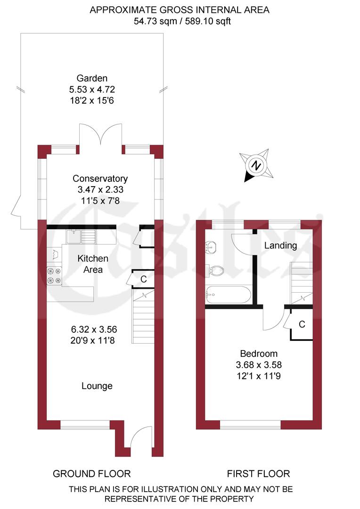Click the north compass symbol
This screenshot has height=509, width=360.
(256, 165)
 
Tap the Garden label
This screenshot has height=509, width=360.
(92, 78)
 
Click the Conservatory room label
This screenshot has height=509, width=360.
(100, 179)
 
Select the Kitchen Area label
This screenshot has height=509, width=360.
(93, 264)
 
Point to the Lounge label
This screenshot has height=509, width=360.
(97, 386)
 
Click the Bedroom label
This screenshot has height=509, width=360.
(259, 353)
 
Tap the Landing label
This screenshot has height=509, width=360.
(280, 245)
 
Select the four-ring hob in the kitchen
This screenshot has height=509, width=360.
(54, 276)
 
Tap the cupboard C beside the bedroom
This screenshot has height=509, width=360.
(302, 324)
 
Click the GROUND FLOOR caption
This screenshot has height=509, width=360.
(91, 474)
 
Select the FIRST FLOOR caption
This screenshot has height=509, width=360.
(258, 474)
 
